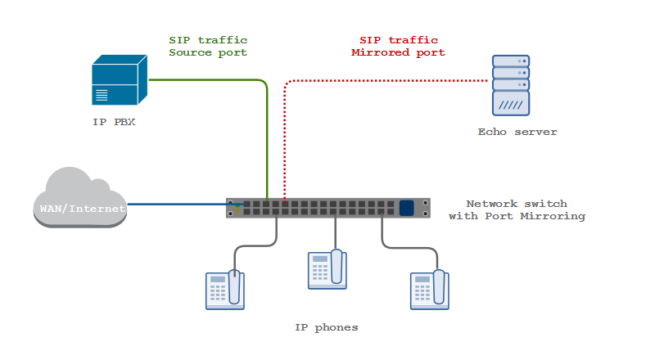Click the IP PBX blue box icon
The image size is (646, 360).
pos(120,80)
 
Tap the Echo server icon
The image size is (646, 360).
pos(511,85)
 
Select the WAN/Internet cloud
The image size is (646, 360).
pos(80,197)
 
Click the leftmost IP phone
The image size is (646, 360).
pos(225,290)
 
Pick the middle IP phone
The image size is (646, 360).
pos(328,269)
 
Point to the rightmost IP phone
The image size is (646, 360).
pos(430,290)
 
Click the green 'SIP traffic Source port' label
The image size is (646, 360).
pos(208,46)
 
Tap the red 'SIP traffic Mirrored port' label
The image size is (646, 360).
pos(398,46)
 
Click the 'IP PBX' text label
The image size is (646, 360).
pos(114,122)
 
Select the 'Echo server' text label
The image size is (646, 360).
pos(517,132)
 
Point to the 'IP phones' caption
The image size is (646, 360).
pos(327,327)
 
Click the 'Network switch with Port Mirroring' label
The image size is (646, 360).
pos(517,210)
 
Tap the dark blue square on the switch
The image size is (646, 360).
pos(407,208)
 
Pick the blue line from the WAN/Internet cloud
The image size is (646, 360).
pos(186,204)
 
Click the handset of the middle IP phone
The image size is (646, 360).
pos(337,267)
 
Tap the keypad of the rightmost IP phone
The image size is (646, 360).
pos(422,293)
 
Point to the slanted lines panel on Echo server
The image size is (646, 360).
pos(511,104)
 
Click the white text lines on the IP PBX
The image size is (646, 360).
pos(102,95)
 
